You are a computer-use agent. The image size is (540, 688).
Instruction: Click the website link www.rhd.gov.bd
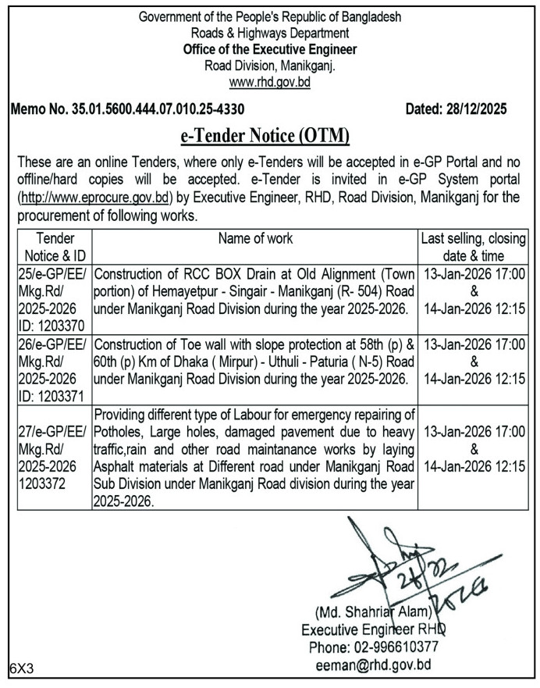tap(269, 81)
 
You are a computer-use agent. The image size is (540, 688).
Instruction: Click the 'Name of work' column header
tap(256, 238)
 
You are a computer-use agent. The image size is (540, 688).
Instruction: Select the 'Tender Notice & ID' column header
tap(54, 247)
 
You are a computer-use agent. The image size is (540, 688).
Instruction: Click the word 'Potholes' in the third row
tap(119, 431)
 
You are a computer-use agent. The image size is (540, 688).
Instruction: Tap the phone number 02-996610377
tap(400, 647)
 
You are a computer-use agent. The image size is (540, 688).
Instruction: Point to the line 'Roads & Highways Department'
tap(269, 33)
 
